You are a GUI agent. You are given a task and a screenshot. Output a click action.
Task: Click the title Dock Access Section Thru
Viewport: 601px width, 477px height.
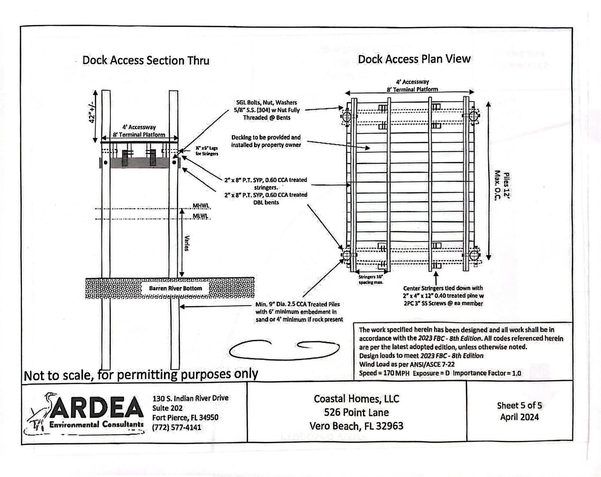tap(146, 60)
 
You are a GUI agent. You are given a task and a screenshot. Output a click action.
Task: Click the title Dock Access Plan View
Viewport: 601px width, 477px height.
tap(414, 59)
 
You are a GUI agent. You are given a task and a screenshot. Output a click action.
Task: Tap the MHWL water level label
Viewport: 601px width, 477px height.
tap(201, 206)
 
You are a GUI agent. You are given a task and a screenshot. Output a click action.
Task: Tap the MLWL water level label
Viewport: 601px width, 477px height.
tap(200, 216)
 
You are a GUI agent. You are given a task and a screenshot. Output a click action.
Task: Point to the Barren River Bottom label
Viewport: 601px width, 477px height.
tap(175, 288)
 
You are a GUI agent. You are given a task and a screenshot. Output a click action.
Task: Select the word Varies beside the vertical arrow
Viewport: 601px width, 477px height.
tap(186, 243)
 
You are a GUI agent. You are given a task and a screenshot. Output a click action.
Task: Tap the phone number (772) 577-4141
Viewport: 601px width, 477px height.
tap(176, 427)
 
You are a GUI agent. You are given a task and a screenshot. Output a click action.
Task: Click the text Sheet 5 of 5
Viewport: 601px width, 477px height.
tap(519, 406)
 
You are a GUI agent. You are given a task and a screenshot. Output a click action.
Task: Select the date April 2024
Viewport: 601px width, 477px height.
tap(519, 417)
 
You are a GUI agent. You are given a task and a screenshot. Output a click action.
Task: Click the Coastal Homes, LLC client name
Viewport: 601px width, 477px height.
tap(356, 399)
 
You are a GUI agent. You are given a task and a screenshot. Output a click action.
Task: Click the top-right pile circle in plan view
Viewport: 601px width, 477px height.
tap(473, 116)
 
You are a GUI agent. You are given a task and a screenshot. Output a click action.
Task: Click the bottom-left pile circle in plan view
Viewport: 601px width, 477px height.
tap(347, 256)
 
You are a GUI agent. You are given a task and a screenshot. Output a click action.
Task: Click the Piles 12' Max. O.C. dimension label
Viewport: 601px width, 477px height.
tap(502, 186)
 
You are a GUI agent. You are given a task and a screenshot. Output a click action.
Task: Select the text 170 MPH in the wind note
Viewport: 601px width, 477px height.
tap(396, 373)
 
